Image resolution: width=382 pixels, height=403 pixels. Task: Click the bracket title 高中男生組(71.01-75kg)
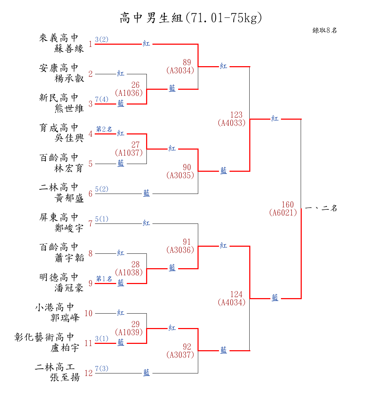[x=191, y=18]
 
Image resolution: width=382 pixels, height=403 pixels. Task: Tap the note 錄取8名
[x=325, y=30]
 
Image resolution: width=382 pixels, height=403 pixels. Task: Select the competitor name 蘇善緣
[x=69, y=49]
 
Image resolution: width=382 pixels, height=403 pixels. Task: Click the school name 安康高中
[x=58, y=68]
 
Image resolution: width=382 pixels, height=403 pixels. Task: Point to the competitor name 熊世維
[x=69, y=108]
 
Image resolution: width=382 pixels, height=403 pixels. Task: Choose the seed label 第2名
[x=104, y=129]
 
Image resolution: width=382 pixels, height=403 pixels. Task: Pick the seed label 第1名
[x=104, y=279]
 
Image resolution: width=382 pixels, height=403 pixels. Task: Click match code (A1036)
[x=129, y=93]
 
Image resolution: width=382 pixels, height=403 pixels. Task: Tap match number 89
[x=187, y=63]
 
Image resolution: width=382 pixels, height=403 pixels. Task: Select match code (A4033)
[x=232, y=123]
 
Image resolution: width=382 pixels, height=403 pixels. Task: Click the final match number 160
[x=288, y=205]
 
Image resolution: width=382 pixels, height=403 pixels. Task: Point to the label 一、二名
[x=321, y=208]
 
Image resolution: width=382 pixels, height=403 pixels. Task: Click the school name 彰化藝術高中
[x=44, y=337]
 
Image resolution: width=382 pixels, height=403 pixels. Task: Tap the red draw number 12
[x=88, y=373]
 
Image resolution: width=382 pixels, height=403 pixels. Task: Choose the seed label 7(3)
[x=102, y=369]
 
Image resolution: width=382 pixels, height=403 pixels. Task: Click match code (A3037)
[x=180, y=355]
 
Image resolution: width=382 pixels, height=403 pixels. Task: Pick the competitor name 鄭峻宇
[x=69, y=228]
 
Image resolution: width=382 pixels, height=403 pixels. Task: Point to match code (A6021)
[x=283, y=213]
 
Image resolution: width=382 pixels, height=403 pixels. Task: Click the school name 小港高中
[x=55, y=307]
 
